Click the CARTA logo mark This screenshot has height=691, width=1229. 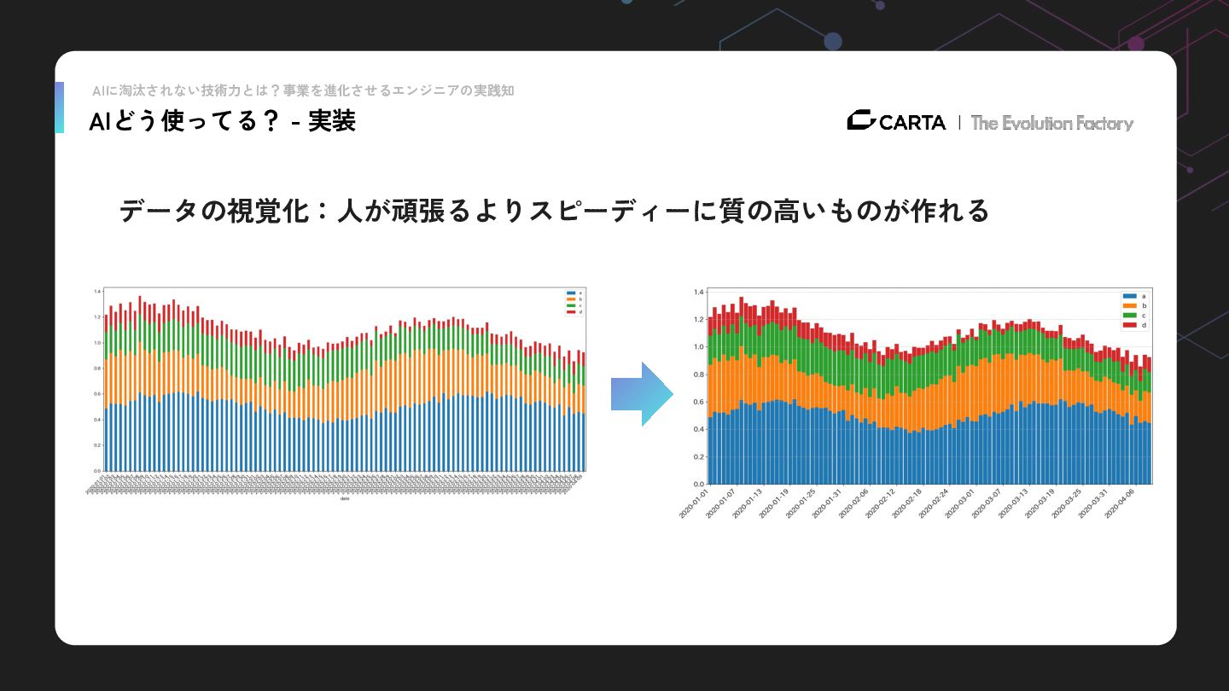861,121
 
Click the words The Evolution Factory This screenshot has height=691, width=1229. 1051,123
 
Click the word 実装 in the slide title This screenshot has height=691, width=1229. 332,122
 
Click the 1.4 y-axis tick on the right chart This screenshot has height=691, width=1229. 698,292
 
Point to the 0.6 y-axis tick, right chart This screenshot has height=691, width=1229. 698,402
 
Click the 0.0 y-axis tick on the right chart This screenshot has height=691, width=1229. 698,485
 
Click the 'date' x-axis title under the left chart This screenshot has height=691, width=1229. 345,499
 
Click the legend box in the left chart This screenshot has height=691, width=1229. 573,302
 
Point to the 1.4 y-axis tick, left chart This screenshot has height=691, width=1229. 97,292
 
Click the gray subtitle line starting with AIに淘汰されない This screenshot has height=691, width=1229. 303,90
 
